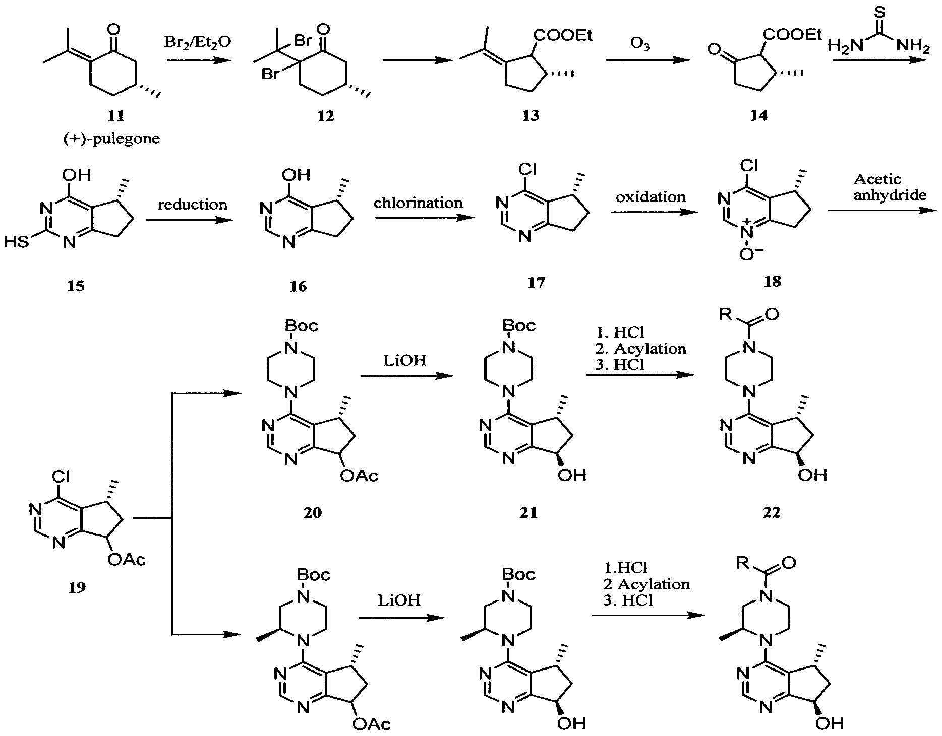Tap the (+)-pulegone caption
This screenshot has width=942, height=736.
click(111, 138)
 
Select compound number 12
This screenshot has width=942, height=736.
click(325, 116)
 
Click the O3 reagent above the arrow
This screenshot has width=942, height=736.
click(639, 45)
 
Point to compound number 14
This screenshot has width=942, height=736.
click(758, 116)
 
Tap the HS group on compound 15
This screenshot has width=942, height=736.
click(17, 243)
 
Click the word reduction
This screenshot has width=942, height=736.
click(192, 204)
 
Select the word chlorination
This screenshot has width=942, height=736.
click(418, 203)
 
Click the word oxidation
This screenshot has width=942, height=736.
click(651, 196)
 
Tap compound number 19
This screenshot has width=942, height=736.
click(77, 586)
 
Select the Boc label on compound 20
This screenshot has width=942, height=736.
click(302, 326)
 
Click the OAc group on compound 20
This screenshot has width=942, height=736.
click(359, 475)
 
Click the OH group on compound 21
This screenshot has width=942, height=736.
click(572, 475)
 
